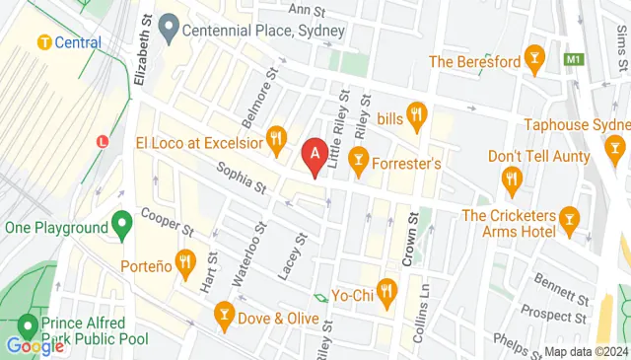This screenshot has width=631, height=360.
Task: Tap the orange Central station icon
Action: (x=44, y=42)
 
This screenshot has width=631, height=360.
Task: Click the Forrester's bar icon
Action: (x=359, y=157)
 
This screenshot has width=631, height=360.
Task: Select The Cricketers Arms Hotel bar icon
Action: (x=568, y=216)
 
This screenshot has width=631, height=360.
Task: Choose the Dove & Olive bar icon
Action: (x=223, y=317)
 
